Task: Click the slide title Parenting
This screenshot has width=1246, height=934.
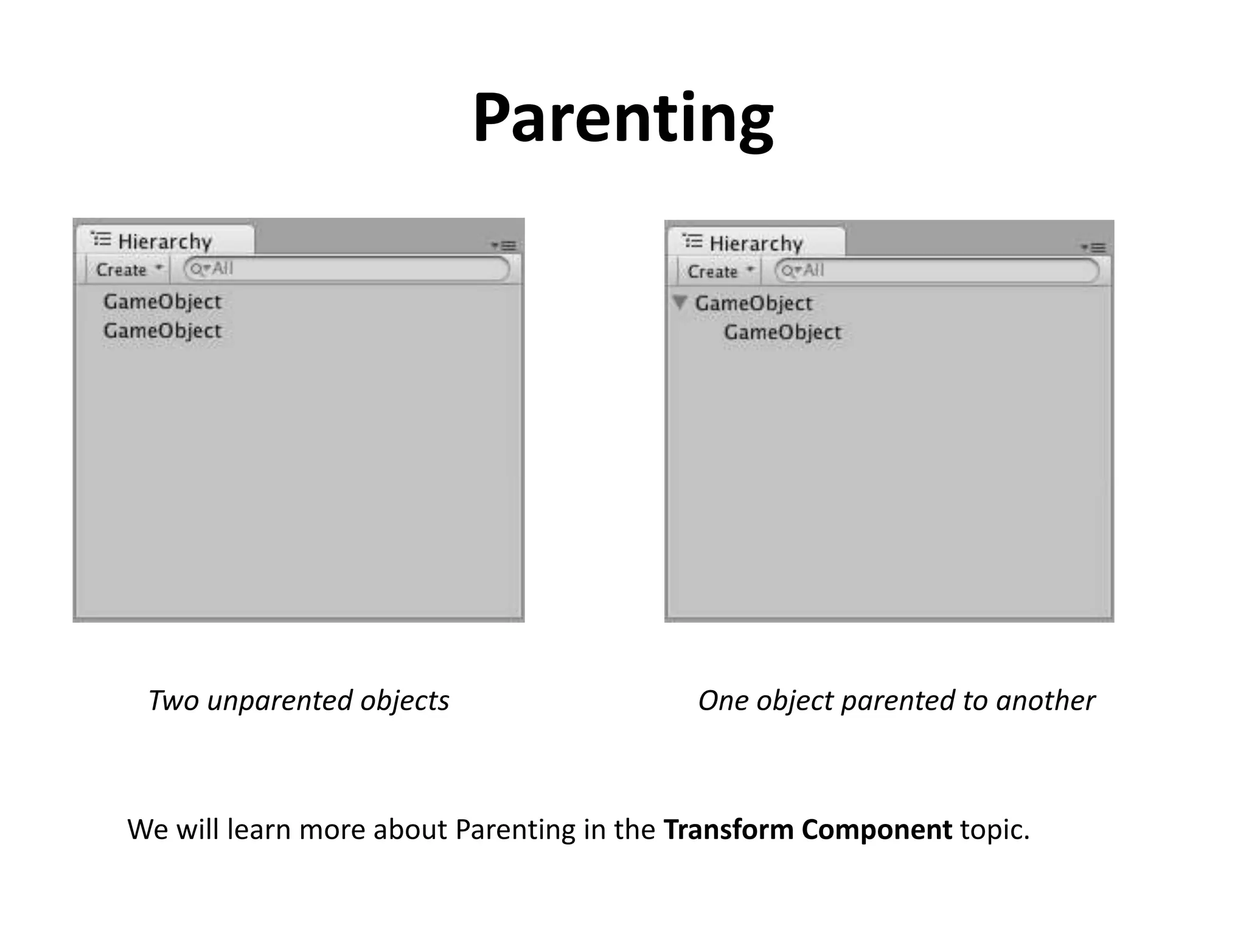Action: point(623,119)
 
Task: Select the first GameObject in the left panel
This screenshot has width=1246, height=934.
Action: point(162,302)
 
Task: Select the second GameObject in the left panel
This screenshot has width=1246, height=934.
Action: point(162,331)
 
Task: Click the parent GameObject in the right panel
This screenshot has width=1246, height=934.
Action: point(753,303)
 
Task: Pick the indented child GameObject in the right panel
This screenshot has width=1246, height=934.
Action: point(782,333)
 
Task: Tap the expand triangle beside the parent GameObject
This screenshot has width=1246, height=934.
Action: point(680,302)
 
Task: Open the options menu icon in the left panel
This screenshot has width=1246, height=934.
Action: point(504,246)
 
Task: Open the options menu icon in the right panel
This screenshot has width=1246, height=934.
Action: point(1094,247)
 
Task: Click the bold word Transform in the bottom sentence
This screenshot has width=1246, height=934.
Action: point(728,830)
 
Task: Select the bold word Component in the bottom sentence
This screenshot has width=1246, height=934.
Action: point(877,830)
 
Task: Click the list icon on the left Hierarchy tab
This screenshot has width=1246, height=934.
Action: point(101,240)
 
